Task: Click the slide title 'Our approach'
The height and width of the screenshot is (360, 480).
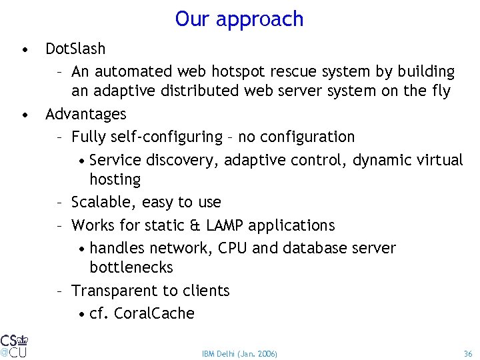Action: (239, 19)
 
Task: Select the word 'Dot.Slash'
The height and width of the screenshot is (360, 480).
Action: (75, 49)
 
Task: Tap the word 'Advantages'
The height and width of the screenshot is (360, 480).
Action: (85, 114)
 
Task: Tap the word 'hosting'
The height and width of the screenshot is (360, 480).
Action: (115, 179)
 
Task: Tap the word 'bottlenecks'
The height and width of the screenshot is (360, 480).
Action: (131, 267)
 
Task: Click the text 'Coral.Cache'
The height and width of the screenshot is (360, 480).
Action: (155, 313)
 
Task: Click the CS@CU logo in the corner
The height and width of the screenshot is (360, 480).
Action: (14, 345)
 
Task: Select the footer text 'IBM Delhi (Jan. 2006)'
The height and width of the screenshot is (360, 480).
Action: (239, 353)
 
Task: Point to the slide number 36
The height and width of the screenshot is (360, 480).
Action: (467, 353)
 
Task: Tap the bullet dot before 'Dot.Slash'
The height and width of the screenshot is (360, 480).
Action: (24, 49)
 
